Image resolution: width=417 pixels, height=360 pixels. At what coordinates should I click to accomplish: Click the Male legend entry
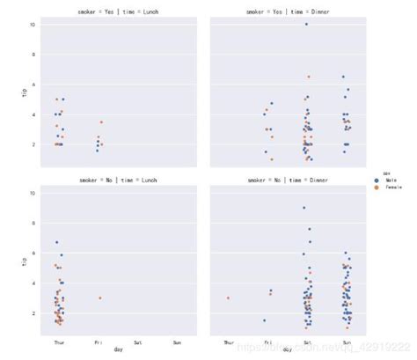pyautogui.click(x=391, y=180)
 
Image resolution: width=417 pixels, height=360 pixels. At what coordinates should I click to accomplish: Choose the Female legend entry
pyautogui.click(x=393, y=187)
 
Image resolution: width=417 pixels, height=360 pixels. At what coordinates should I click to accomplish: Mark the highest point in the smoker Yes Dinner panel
pyautogui.click(x=306, y=24)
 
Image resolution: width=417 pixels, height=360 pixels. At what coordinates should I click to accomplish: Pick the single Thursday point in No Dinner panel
pyautogui.click(x=228, y=298)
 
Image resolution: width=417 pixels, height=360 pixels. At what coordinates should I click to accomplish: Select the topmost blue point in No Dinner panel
pyautogui.click(x=304, y=208)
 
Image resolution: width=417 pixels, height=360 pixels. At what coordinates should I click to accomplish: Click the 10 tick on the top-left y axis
pyautogui.click(x=33, y=25)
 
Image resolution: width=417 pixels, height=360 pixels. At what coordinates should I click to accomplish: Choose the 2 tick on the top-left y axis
pyautogui.click(x=33, y=144)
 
